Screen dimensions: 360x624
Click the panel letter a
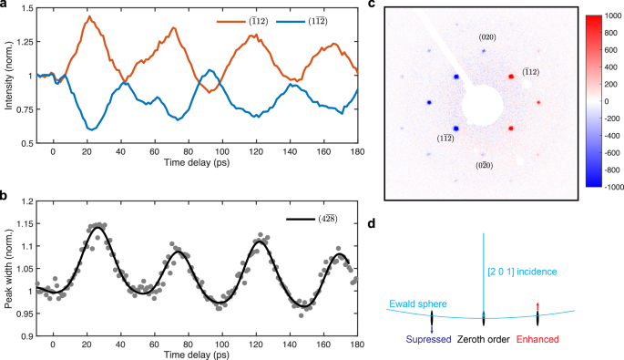(x=4, y=5)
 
